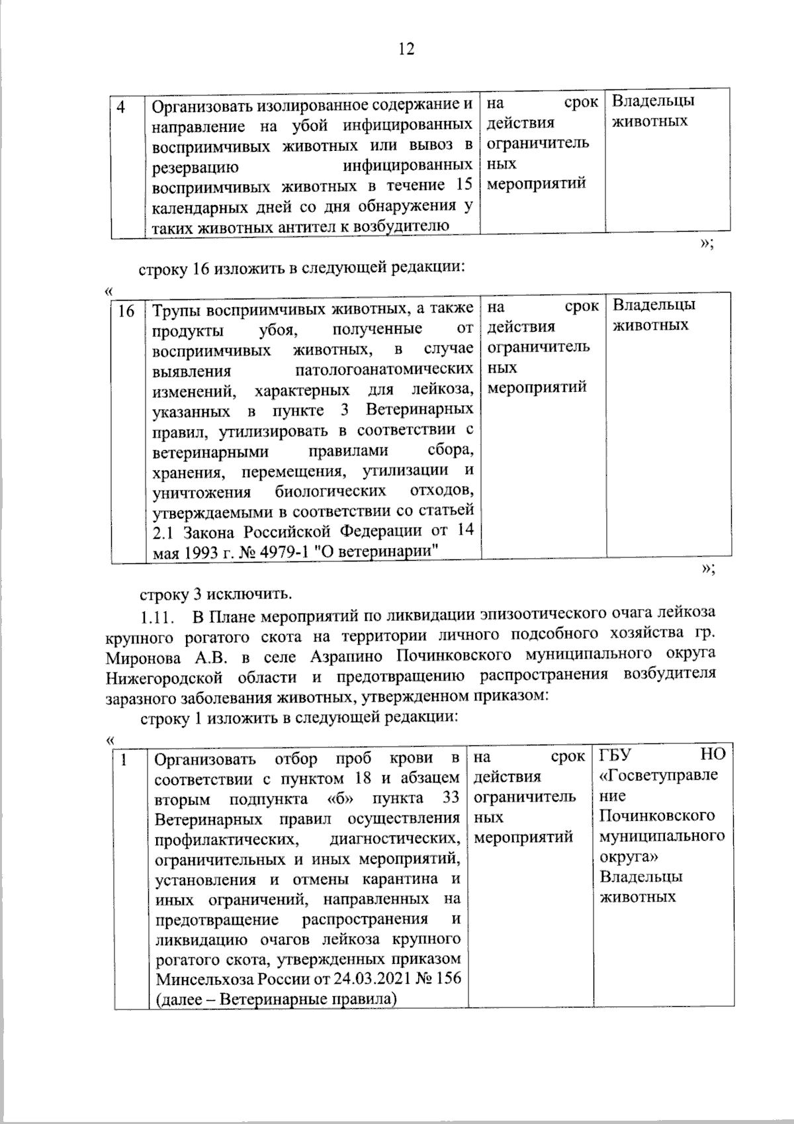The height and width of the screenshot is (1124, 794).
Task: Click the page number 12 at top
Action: [406, 48]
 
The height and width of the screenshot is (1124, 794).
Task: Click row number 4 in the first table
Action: [122, 107]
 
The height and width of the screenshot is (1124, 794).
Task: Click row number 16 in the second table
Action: [126, 310]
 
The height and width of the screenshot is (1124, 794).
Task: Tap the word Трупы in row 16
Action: [176, 310]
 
